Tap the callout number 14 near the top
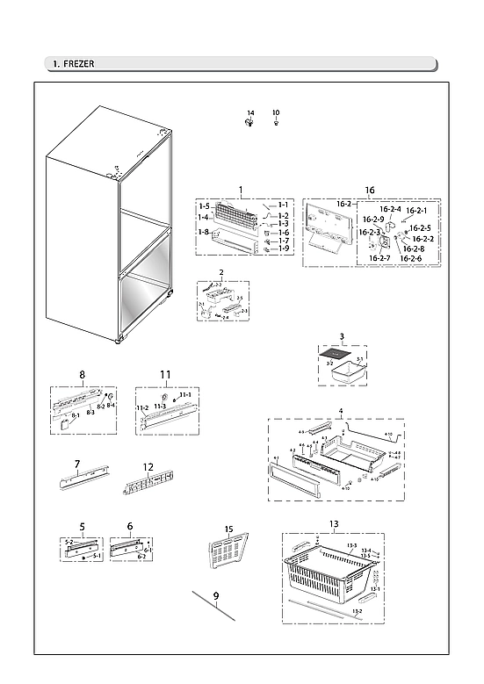(x=249, y=113)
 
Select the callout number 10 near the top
(x=276, y=113)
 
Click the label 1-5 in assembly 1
(x=204, y=205)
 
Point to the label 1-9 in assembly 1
(x=283, y=248)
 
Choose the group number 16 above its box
(x=369, y=190)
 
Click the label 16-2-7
(x=379, y=258)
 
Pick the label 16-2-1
(x=416, y=211)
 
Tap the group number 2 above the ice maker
(x=221, y=272)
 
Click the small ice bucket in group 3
(x=345, y=371)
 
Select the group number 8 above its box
(x=82, y=375)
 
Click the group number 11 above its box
(x=164, y=375)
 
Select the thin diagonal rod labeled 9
(x=213, y=606)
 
